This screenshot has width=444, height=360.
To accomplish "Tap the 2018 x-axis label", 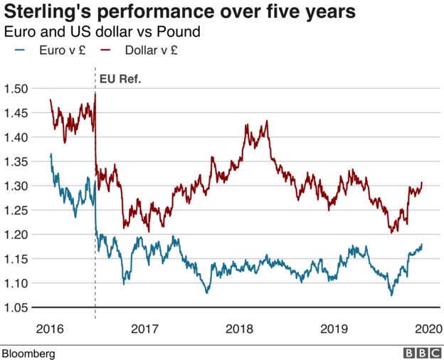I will coord(240,329).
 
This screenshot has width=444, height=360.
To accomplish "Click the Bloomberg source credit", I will coord(28,352).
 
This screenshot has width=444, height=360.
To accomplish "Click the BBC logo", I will coord(421,352).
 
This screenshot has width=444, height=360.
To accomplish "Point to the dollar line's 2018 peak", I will coord(267,122).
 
